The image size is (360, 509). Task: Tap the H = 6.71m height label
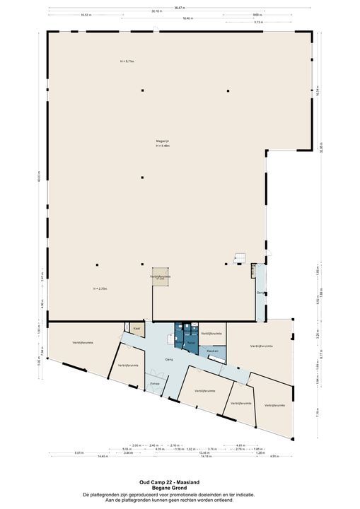tap(127, 62)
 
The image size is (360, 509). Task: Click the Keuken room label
tap(212, 351)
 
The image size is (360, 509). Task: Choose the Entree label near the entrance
tap(155, 383)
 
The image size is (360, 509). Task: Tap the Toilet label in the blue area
tap(190, 342)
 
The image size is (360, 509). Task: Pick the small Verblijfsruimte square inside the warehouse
tap(160, 276)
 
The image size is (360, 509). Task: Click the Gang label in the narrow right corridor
tap(260, 292)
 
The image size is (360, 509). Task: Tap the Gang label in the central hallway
tap(169, 359)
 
